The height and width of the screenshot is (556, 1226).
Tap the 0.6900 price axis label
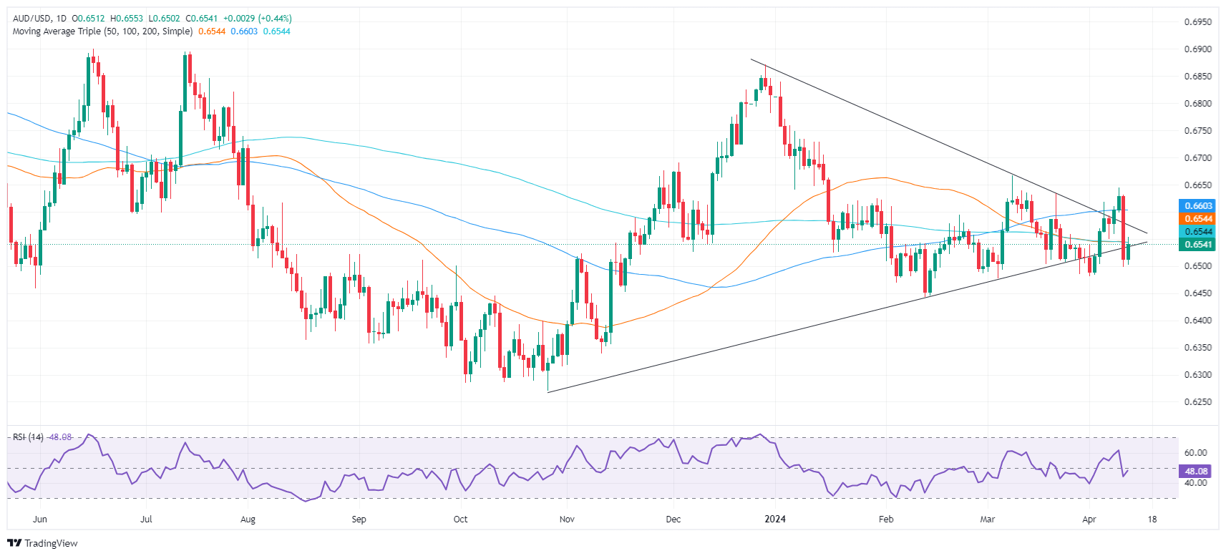[x=1197, y=49]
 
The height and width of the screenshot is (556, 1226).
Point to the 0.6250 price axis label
[x=1197, y=402]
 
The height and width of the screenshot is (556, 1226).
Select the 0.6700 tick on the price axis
[x=1197, y=158]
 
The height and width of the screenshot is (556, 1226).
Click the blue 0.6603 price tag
[x=1197, y=206]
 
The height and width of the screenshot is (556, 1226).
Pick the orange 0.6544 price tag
[x=1197, y=219]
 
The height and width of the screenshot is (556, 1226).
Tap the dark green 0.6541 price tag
[x=1197, y=245]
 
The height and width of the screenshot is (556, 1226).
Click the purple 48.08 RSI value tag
[x=1197, y=472]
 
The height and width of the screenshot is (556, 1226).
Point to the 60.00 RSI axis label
[x=1196, y=453]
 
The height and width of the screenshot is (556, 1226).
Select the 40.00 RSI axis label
[x=1196, y=483]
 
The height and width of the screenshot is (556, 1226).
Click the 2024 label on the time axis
[x=775, y=519]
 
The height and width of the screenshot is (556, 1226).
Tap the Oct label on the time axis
[x=460, y=519]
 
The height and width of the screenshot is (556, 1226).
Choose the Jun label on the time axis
[x=40, y=519]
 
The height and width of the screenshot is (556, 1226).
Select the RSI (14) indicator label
[x=28, y=437]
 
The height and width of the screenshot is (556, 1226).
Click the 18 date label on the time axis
[x=1152, y=519]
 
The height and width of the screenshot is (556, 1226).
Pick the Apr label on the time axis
[x=1089, y=519]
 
